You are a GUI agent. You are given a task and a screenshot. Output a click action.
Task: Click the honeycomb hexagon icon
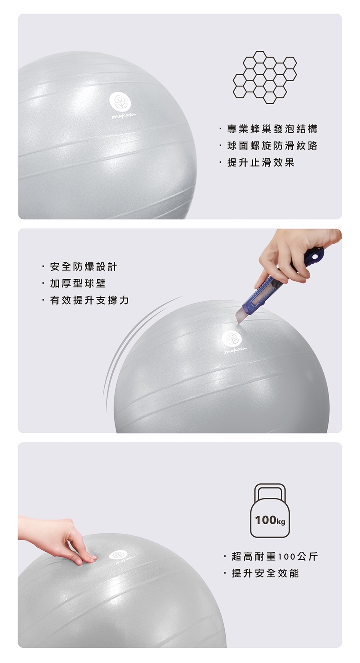[x=264, y=77]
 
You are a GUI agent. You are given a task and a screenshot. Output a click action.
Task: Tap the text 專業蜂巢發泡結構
[x=272, y=129]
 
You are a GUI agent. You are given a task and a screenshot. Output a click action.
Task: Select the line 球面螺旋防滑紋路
[x=272, y=146]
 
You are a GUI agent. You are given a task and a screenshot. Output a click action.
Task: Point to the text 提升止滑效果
[x=261, y=162]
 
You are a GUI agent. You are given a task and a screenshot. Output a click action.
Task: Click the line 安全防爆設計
[x=84, y=266]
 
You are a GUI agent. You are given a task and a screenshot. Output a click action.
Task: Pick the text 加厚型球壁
[x=78, y=284]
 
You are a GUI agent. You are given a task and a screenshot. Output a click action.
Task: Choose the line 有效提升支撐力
[x=89, y=300]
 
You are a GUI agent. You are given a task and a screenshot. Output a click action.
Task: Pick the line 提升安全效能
[x=265, y=573]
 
